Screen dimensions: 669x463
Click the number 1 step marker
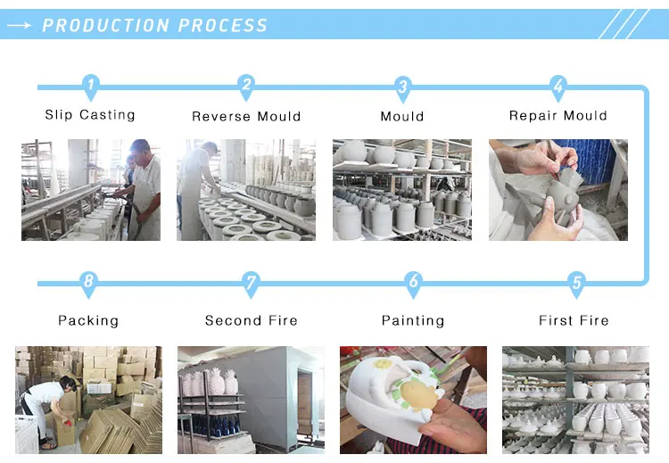[90, 87]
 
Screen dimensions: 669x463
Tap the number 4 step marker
[558, 87]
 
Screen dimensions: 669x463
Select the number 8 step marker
[87, 285]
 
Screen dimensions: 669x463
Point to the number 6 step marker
[413, 285]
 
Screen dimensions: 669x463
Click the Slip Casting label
[90, 115]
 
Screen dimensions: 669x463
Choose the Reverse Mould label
[246, 116]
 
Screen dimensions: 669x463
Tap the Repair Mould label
[558, 116]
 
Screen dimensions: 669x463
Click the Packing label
[88, 320]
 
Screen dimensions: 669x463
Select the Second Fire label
[252, 320]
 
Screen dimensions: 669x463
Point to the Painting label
[413, 320]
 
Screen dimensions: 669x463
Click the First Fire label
[574, 320]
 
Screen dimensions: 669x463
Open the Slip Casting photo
[91, 189]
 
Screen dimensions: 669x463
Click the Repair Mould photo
[558, 189]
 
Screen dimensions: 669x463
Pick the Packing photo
[88, 399]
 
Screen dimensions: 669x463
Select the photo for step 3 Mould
[402, 189]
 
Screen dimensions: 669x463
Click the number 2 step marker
[246, 87]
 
